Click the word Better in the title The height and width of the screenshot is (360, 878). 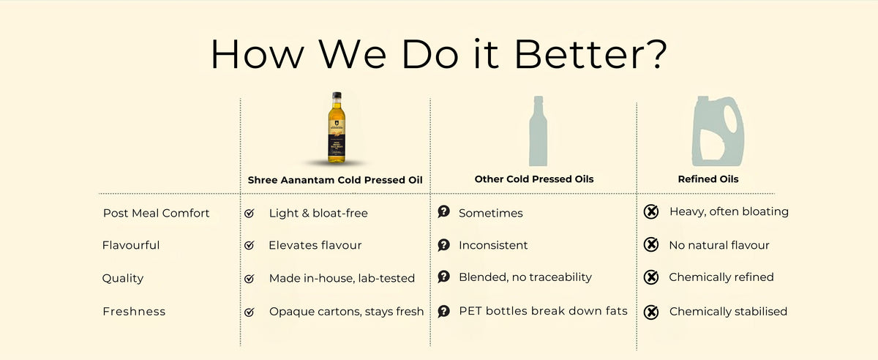click(x=585, y=54)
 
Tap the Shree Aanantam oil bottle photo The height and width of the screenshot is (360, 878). click(x=336, y=128)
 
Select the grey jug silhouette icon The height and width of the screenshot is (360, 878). click(x=718, y=134)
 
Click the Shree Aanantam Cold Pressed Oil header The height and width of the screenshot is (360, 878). click(x=336, y=179)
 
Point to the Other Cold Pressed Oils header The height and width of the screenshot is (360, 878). click(x=534, y=179)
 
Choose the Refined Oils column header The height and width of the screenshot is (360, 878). click(x=708, y=179)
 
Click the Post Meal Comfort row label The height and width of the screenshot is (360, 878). click(x=156, y=213)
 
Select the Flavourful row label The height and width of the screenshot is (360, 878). click(x=131, y=245)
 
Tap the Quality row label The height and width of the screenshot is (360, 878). click(x=123, y=278)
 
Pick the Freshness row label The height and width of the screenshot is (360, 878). click(x=134, y=312)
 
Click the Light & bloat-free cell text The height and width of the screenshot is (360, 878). click(x=318, y=213)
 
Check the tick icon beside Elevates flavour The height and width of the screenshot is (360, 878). click(x=249, y=246)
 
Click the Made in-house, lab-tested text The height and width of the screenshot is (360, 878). click(x=342, y=278)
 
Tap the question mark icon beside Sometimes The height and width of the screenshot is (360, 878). click(x=443, y=212)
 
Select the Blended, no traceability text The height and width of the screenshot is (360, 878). click(x=525, y=277)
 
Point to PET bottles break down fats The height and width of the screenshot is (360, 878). click(x=543, y=311)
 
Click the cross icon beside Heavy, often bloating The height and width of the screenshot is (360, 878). click(x=650, y=212)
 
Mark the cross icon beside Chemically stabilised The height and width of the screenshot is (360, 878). click(x=650, y=312)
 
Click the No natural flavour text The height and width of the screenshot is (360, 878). click(x=719, y=245)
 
